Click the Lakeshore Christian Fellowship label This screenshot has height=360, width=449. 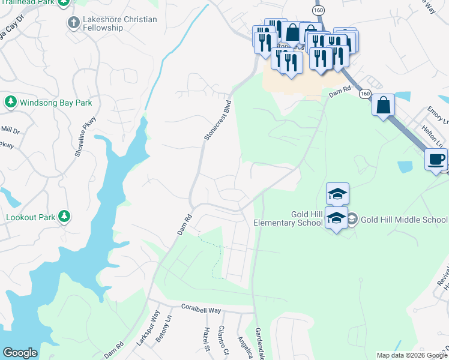(x=120, y=24)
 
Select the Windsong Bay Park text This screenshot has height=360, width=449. (x=56, y=103)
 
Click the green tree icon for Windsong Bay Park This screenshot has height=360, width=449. (x=10, y=102)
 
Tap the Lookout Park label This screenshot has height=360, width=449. (x=31, y=217)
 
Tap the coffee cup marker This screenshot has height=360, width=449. (x=436, y=160)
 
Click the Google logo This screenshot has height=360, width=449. (x=20, y=353)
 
